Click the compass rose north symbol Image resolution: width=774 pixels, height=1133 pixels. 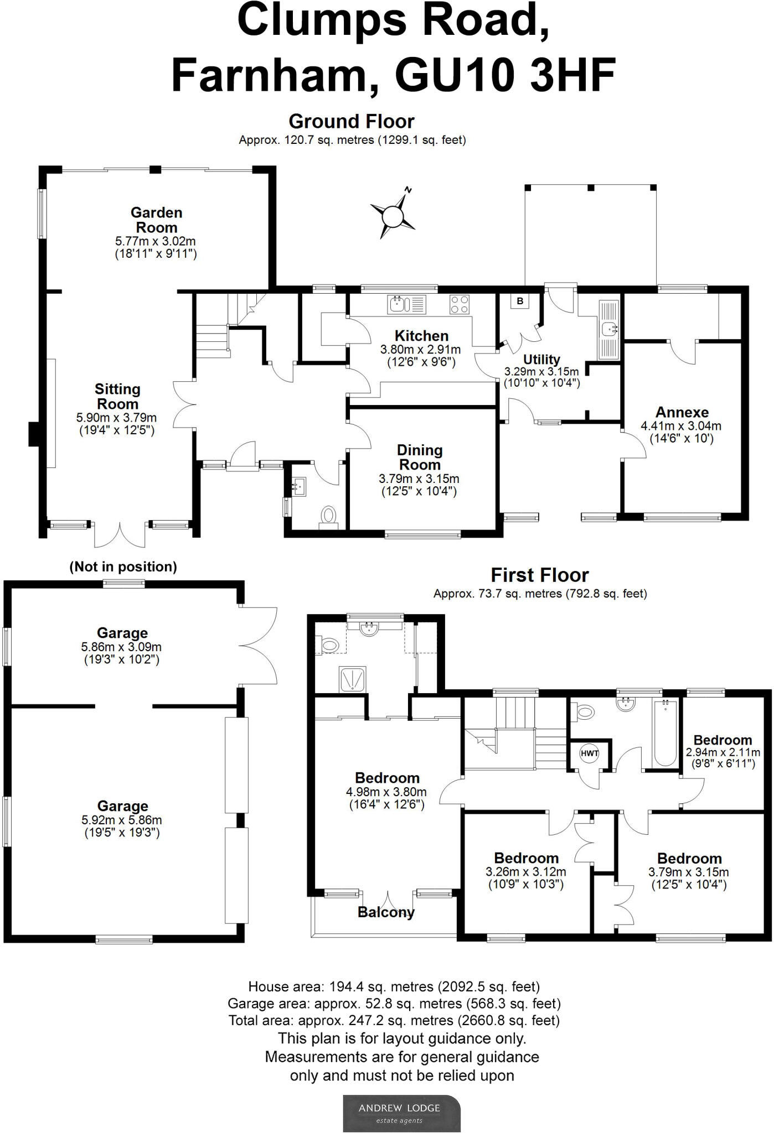pyautogui.click(x=394, y=215)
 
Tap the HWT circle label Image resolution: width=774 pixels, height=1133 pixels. pyautogui.click(x=589, y=753)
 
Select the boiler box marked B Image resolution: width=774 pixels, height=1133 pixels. pyautogui.click(x=519, y=301)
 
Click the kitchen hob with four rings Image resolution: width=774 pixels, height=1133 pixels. pyautogui.click(x=460, y=304)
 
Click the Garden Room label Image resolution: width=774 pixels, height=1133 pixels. pyautogui.click(x=156, y=220)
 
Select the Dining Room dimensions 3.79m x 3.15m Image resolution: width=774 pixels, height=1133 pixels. pyautogui.click(x=419, y=479)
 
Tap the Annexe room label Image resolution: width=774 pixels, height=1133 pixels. pyautogui.click(x=682, y=412)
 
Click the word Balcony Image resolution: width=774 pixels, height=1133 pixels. pyautogui.click(x=386, y=912)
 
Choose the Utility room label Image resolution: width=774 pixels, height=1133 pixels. pyautogui.click(x=541, y=359)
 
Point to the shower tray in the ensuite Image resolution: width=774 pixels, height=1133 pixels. pyautogui.click(x=352, y=679)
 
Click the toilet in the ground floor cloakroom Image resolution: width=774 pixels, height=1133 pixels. pyautogui.click(x=328, y=516)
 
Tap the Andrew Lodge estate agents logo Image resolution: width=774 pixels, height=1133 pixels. pyautogui.click(x=401, y=1113)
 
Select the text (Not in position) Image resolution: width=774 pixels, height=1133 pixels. pyautogui.click(x=123, y=566)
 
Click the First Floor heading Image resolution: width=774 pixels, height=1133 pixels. pyautogui.click(x=539, y=575)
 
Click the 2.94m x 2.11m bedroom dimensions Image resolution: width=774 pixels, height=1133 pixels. pyautogui.click(x=723, y=752)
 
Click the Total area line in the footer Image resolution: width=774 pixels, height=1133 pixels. pyautogui.click(x=394, y=1020)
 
